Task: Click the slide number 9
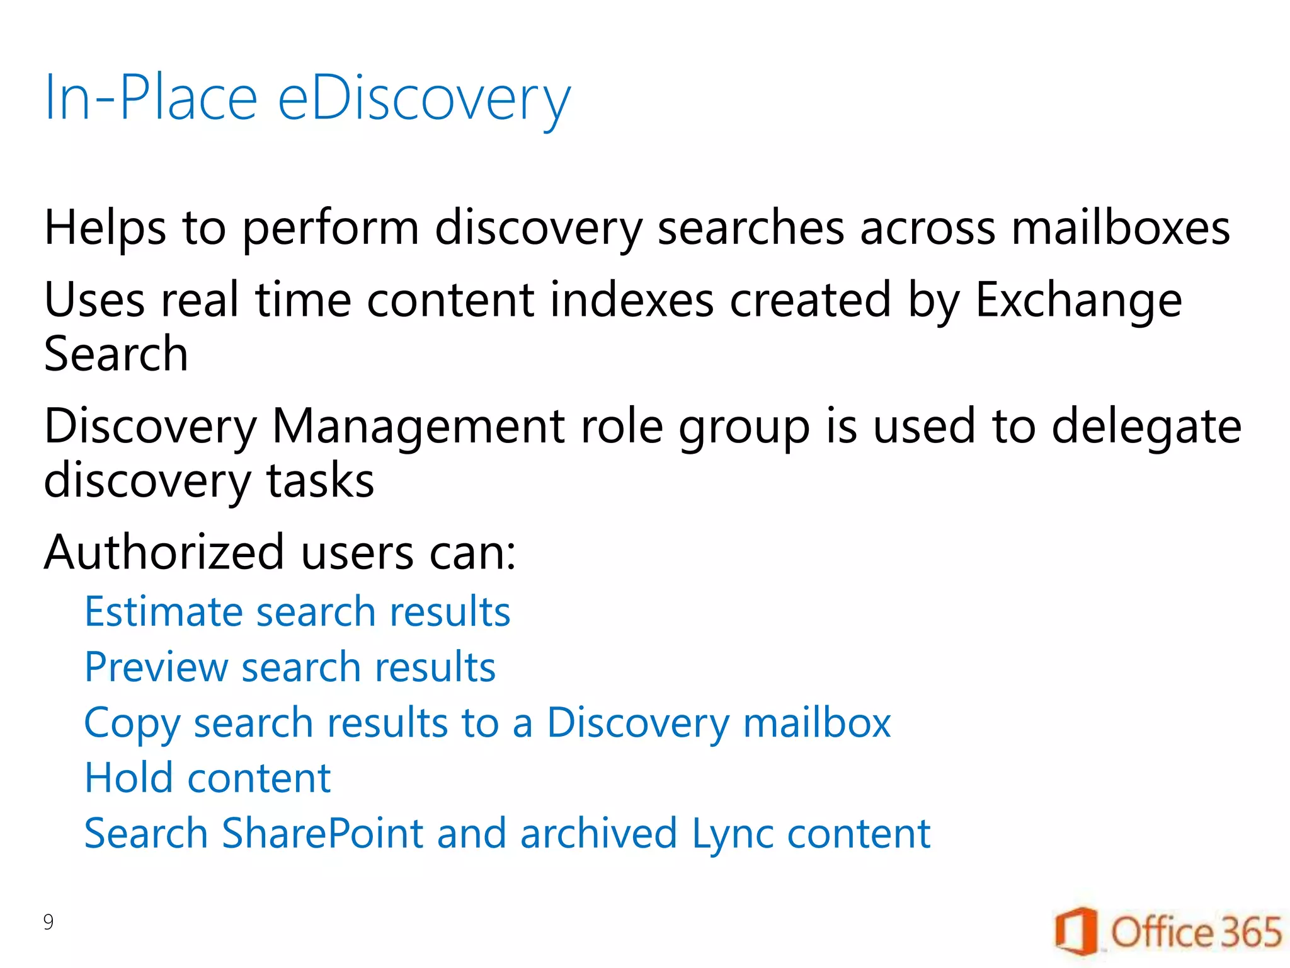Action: [49, 922]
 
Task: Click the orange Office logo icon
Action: [1075, 931]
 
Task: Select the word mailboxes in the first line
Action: [1120, 228]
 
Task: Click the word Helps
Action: [105, 229]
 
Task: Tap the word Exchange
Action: [1078, 301]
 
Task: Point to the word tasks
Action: [320, 481]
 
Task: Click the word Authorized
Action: [164, 552]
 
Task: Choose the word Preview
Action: [156, 667]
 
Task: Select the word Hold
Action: [128, 778]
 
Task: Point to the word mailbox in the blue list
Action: [817, 722]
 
